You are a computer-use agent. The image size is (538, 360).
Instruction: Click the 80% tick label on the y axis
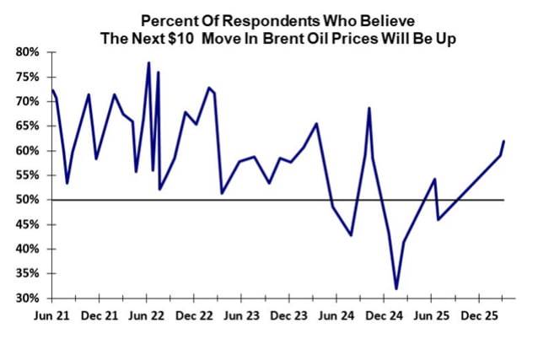[28, 52]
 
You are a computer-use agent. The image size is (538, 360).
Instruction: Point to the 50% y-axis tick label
[28, 201]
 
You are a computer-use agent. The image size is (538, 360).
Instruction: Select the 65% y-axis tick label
[28, 126]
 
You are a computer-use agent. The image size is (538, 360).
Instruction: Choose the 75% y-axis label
[28, 77]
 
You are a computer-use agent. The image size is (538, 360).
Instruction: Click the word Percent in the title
[169, 19]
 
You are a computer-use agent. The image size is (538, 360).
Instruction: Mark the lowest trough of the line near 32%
[396, 289]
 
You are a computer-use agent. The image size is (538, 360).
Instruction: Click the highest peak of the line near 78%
[149, 62]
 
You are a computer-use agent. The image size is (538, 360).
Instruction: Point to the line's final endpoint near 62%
[504, 141]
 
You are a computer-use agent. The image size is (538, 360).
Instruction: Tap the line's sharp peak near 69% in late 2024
[369, 108]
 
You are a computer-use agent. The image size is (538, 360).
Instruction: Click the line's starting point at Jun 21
[52, 89]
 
